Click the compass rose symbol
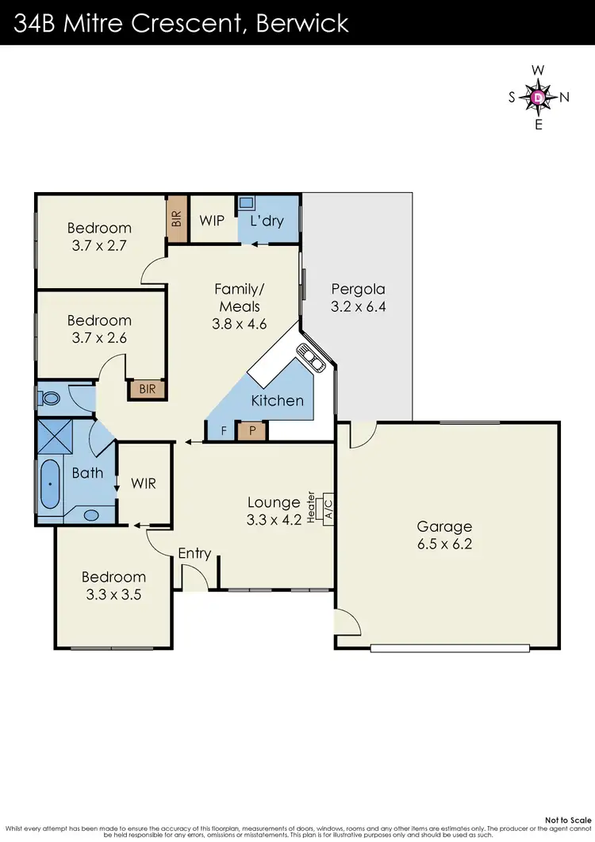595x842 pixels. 539,98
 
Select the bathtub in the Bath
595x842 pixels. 50,483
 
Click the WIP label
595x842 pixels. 212,220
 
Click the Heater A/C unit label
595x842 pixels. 324,506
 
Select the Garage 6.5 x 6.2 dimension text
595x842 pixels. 444,544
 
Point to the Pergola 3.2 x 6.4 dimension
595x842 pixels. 357,306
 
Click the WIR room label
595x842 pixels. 144,483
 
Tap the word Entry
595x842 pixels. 194,553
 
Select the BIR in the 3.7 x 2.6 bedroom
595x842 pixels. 148,390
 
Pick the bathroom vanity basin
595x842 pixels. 91,515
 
